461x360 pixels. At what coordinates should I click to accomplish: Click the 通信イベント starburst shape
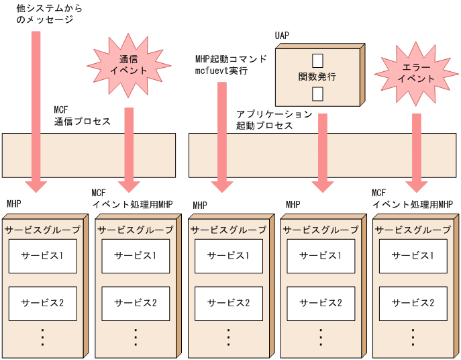coord(127,64)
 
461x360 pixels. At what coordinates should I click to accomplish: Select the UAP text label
coord(282,35)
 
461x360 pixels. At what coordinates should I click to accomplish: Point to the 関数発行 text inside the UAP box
coord(317,77)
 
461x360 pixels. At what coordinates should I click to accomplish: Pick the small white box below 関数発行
coord(317,93)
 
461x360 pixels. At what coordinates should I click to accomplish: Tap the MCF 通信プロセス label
coord(82,116)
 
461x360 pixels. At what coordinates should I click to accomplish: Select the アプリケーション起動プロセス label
coord(274,120)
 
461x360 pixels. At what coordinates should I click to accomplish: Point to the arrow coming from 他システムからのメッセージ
coord(36,107)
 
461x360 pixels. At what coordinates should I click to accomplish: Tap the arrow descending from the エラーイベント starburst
coord(417,148)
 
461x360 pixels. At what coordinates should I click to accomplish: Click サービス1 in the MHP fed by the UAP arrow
coord(320,255)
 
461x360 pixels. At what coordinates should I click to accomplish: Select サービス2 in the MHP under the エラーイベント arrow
coord(413,302)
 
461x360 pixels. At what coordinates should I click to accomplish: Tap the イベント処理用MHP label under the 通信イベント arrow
coord(132,204)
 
